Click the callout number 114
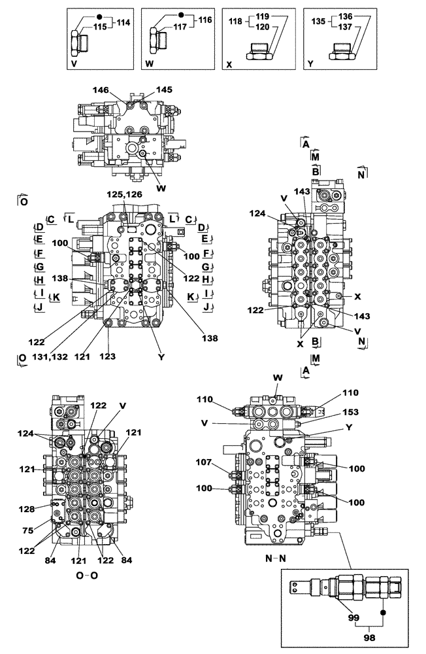coord(123,22)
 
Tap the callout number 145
coord(164,90)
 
